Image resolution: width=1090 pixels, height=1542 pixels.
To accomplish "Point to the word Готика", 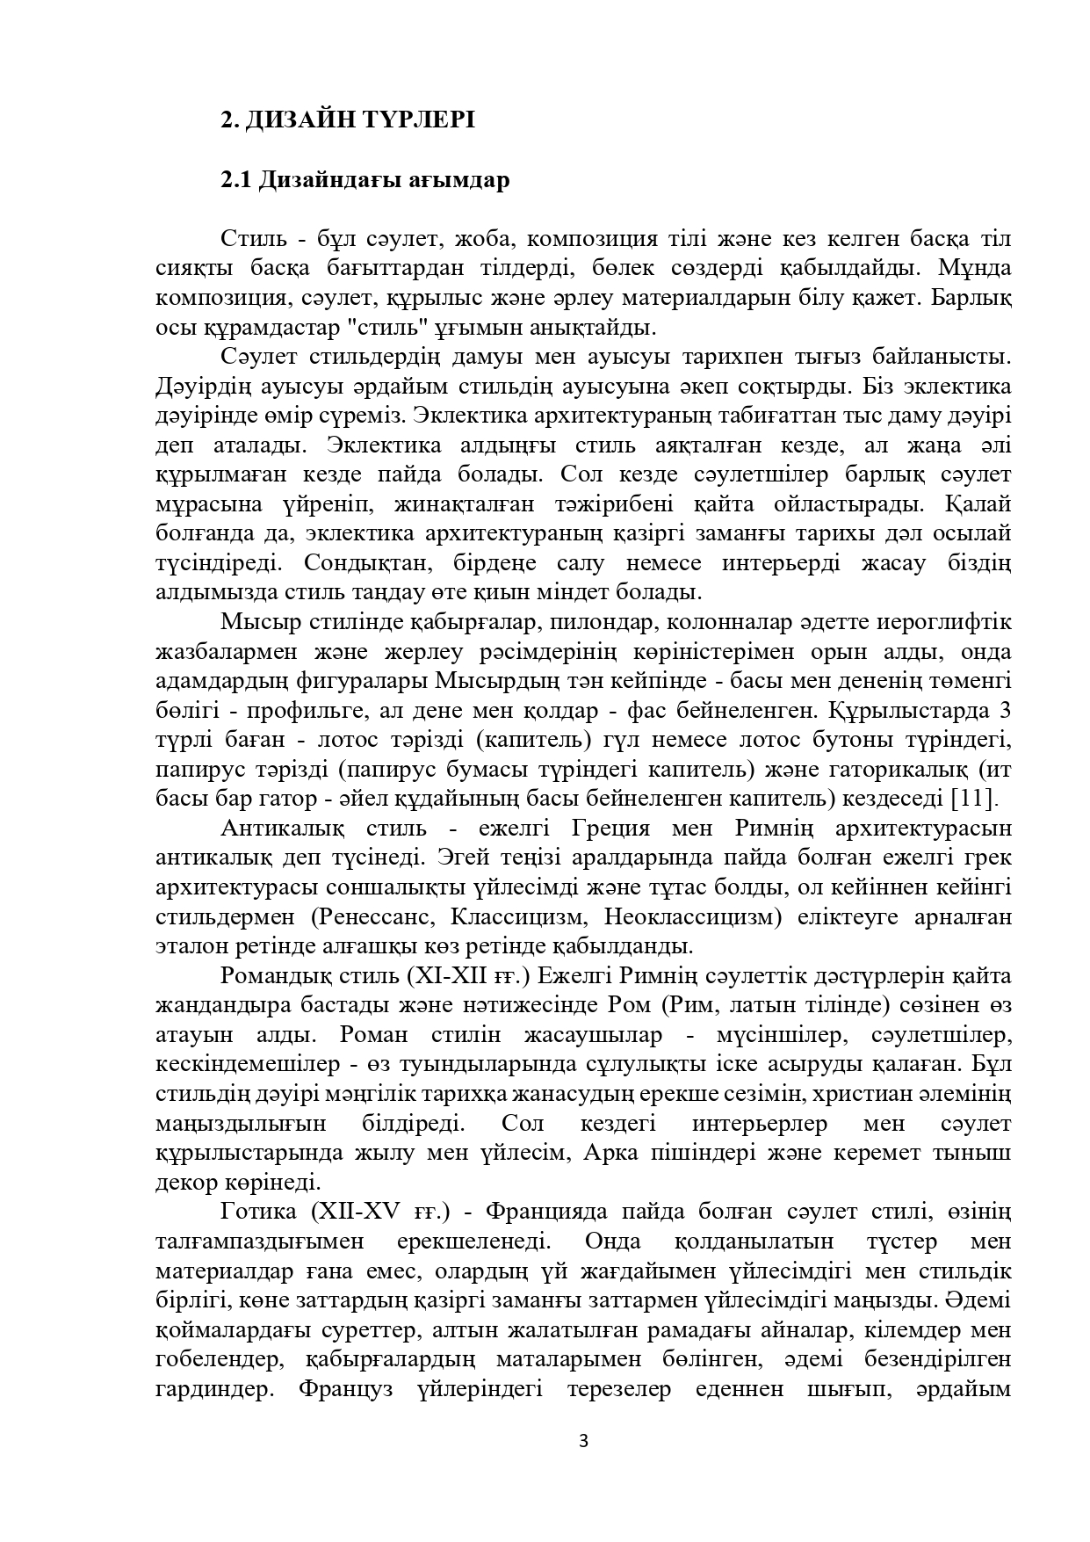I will [258, 1213].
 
